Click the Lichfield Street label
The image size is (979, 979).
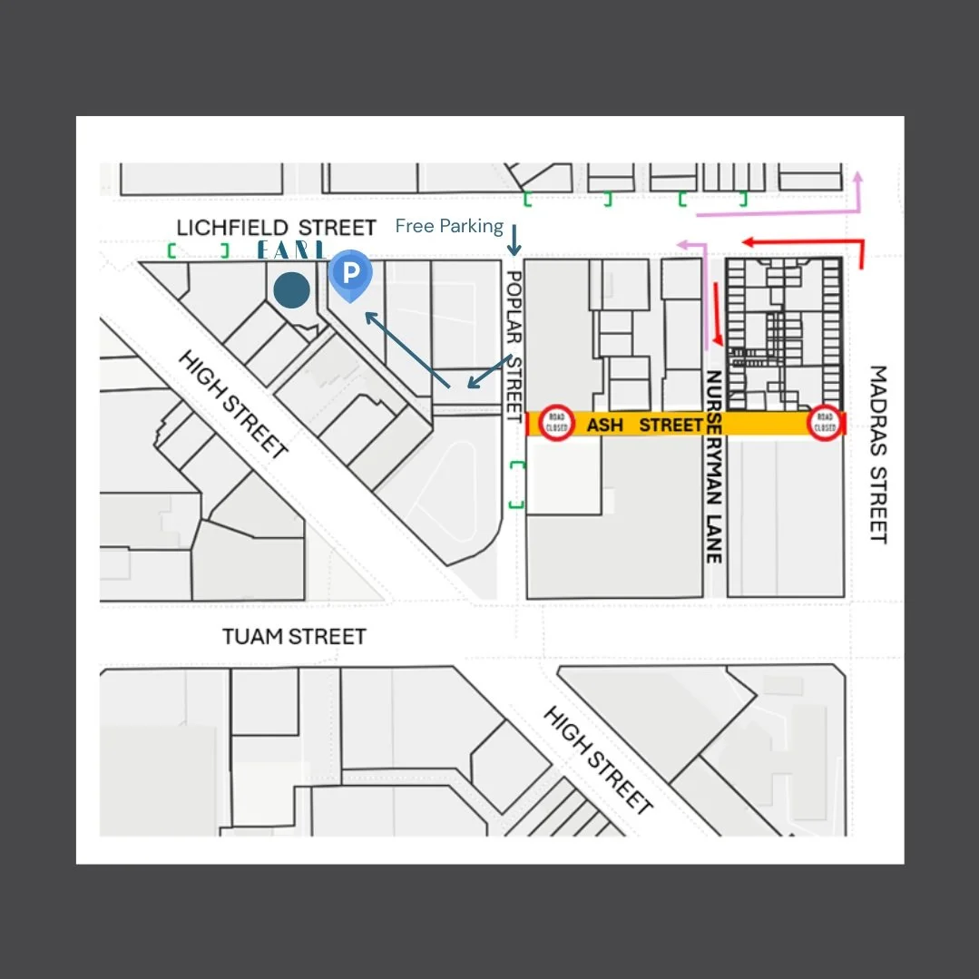pos(276,227)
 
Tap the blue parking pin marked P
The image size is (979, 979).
pos(350,274)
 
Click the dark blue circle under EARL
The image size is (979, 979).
pos(292,290)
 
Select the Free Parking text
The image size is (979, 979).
pos(449,226)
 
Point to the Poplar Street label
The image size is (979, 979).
pos(514,345)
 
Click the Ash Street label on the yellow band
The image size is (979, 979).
pos(644,424)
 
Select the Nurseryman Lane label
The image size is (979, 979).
pos(714,466)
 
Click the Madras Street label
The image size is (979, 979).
pos(877,454)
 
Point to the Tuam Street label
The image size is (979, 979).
pos(295,636)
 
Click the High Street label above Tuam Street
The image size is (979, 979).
pos(233,404)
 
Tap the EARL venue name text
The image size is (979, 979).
pos(290,250)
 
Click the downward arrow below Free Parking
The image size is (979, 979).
pos(514,240)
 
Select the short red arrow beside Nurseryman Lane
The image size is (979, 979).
pos(719,313)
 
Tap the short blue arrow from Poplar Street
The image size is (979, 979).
pos(490,371)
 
